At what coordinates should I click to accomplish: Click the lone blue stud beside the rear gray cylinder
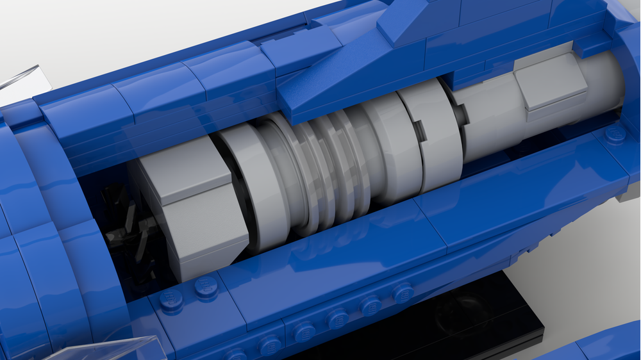(x=615, y=133)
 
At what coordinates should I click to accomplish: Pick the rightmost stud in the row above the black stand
(x=403, y=293)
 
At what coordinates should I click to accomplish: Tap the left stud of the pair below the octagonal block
(x=171, y=299)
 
